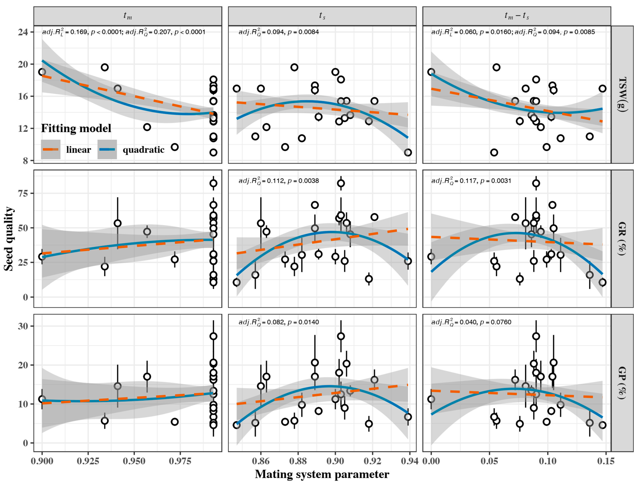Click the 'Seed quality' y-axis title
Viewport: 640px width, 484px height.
click(x=9, y=239)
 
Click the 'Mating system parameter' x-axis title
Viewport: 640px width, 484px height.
click(x=322, y=474)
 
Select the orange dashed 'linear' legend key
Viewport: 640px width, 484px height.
click(x=51, y=149)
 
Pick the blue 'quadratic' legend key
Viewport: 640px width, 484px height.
click(x=107, y=149)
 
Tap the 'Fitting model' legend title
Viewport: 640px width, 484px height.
click(x=76, y=128)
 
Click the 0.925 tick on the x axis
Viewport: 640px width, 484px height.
click(x=88, y=461)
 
